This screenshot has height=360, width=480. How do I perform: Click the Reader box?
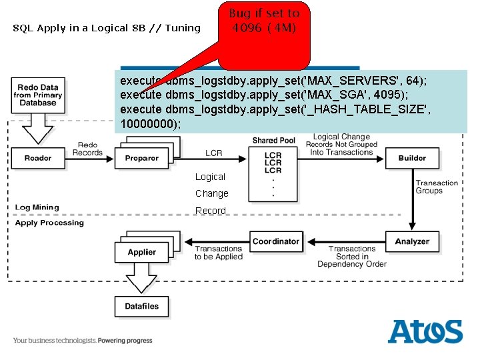point(37,158)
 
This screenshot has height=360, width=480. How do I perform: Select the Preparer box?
point(142,158)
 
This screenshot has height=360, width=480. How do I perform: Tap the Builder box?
point(412,158)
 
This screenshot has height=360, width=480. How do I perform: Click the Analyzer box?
point(412,241)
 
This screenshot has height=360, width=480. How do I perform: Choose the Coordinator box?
point(276,241)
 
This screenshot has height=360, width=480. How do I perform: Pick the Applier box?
point(141,252)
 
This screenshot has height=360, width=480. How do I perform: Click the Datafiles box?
point(141,306)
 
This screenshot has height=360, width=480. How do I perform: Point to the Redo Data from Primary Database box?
point(38,95)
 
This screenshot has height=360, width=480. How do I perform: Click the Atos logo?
point(425,331)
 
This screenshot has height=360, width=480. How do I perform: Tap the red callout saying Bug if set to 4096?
point(264,30)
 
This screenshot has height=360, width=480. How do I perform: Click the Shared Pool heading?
point(273,141)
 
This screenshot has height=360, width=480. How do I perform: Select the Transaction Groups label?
point(437,187)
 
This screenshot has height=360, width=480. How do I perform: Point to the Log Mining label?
point(37,208)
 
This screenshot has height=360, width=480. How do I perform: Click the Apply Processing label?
point(49,223)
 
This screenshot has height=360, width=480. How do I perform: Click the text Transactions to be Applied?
point(218,253)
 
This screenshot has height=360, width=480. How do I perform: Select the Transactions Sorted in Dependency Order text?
point(352,257)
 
